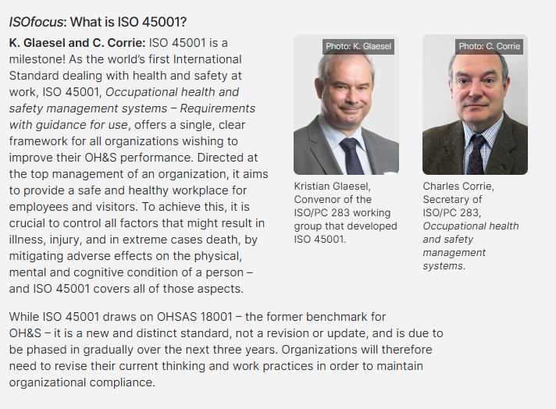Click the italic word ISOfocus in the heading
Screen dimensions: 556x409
pos(36,22)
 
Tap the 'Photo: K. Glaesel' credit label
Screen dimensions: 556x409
pos(358,46)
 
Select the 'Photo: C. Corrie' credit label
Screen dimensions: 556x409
pos(490,46)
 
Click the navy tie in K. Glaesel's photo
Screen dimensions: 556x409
pos(351,156)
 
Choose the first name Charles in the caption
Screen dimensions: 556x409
pos(443,186)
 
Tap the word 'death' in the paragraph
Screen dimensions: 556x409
pos(226,240)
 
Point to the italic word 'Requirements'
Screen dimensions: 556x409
pos(217,108)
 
